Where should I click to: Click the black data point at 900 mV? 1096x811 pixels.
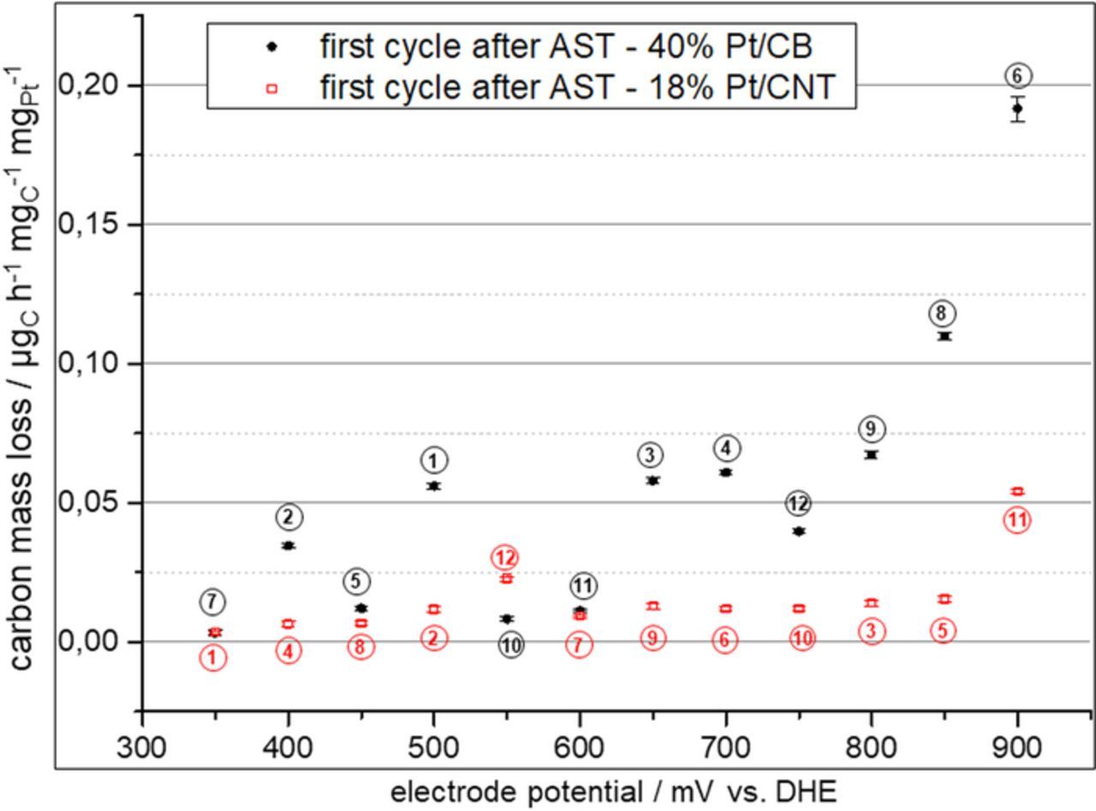[x=1017, y=108]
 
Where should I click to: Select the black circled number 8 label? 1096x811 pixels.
[x=942, y=313]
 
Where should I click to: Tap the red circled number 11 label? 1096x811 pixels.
[x=1016, y=520]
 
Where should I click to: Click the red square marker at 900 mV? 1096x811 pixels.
[x=1017, y=492]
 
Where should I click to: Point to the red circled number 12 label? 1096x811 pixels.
[x=505, y=558]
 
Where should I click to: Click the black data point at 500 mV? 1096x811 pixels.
[x=434, y=486]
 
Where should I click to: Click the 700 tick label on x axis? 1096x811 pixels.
[x=725, y=747]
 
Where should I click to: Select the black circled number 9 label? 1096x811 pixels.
[x=871, y=429]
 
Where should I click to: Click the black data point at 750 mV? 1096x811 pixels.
[x=799, y=531]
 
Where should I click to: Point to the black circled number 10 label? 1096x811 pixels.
[x=510, y=645]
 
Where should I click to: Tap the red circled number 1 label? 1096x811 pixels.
[x=213, y=658]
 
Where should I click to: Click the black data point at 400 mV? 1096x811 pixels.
[x=289, y=546]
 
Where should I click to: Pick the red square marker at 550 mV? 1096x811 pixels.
[x=506, y=579]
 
